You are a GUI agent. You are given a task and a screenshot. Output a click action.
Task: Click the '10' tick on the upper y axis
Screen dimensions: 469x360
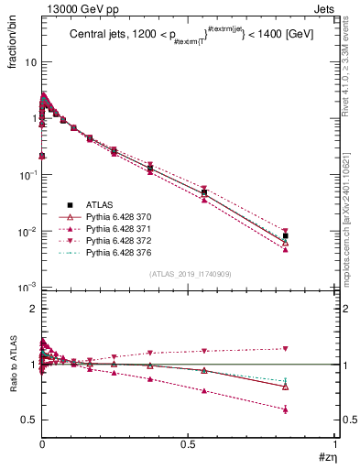pyautogui.click(x=29, y=62)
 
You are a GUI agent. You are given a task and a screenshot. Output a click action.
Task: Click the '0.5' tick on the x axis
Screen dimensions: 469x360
pyautogui.click(x=188, y=442)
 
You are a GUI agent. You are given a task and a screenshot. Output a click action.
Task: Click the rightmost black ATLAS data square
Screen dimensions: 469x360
pyautogui.click(x=286, y=236)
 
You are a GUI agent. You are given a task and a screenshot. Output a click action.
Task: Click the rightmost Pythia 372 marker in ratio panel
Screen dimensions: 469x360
pyautogui.click(x=286, y=348)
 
